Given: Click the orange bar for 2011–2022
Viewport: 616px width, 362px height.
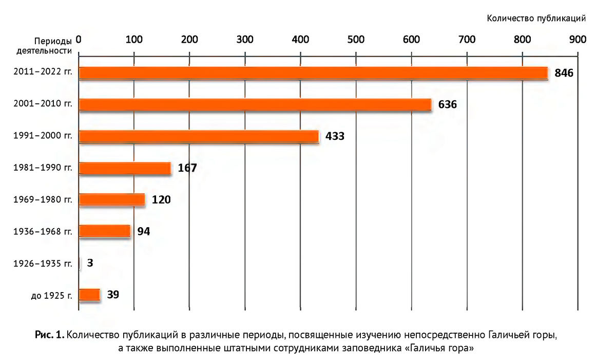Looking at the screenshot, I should [313, 73].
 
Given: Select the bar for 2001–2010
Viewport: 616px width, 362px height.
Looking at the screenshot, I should [255, 105].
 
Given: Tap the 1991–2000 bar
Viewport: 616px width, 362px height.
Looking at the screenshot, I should [199, 136].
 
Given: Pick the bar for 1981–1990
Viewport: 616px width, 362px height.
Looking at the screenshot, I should [125, 168].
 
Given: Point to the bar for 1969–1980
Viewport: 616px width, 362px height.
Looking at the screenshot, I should [112, 200].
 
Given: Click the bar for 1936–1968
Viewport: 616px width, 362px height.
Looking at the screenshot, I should [105, 231].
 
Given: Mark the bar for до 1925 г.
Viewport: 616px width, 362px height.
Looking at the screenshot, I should [89, 295].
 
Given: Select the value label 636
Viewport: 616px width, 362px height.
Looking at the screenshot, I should [448, 105].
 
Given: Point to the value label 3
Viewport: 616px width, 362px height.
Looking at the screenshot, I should [90, 263].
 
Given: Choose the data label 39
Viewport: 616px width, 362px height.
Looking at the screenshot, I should [113, 295].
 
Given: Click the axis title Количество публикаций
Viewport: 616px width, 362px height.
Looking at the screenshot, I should [536, 19].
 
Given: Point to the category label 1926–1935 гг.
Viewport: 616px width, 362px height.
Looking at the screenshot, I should [43, 264].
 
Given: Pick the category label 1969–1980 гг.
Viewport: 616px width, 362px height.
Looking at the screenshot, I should [43, 200].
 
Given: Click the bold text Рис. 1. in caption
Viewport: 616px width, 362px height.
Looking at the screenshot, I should [49, 335].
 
